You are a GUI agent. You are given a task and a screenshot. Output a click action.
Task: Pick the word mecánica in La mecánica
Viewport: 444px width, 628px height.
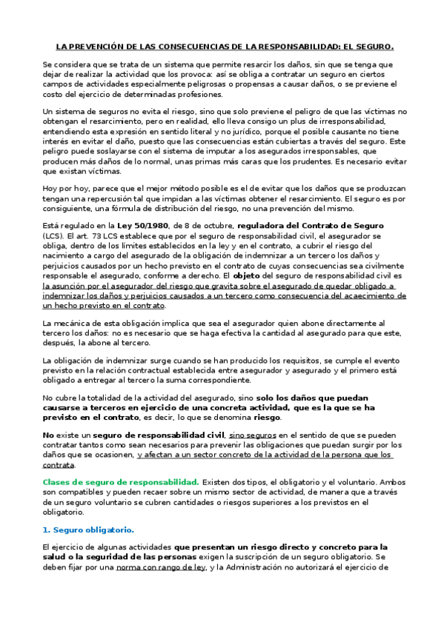75,323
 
